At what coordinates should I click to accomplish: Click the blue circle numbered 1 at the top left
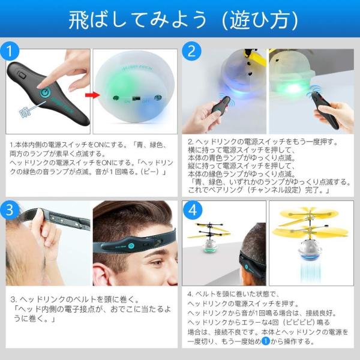(x=10, y=51)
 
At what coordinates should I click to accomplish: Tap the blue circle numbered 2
(x=191, y=51)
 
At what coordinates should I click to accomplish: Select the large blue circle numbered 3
(x=10, y=210)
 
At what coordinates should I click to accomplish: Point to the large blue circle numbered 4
(x=193, y=210)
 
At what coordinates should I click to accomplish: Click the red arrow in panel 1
(x=93, y=95)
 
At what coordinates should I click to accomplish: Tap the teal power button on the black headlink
(x=45, y=92)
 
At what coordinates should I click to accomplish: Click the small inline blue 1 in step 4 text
(x=266, y=341)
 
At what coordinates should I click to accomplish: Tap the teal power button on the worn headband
(x=131, y=246)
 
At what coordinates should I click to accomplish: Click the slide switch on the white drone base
(x=137, y=98)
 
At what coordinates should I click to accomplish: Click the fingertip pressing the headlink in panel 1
(x=41, y=86)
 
